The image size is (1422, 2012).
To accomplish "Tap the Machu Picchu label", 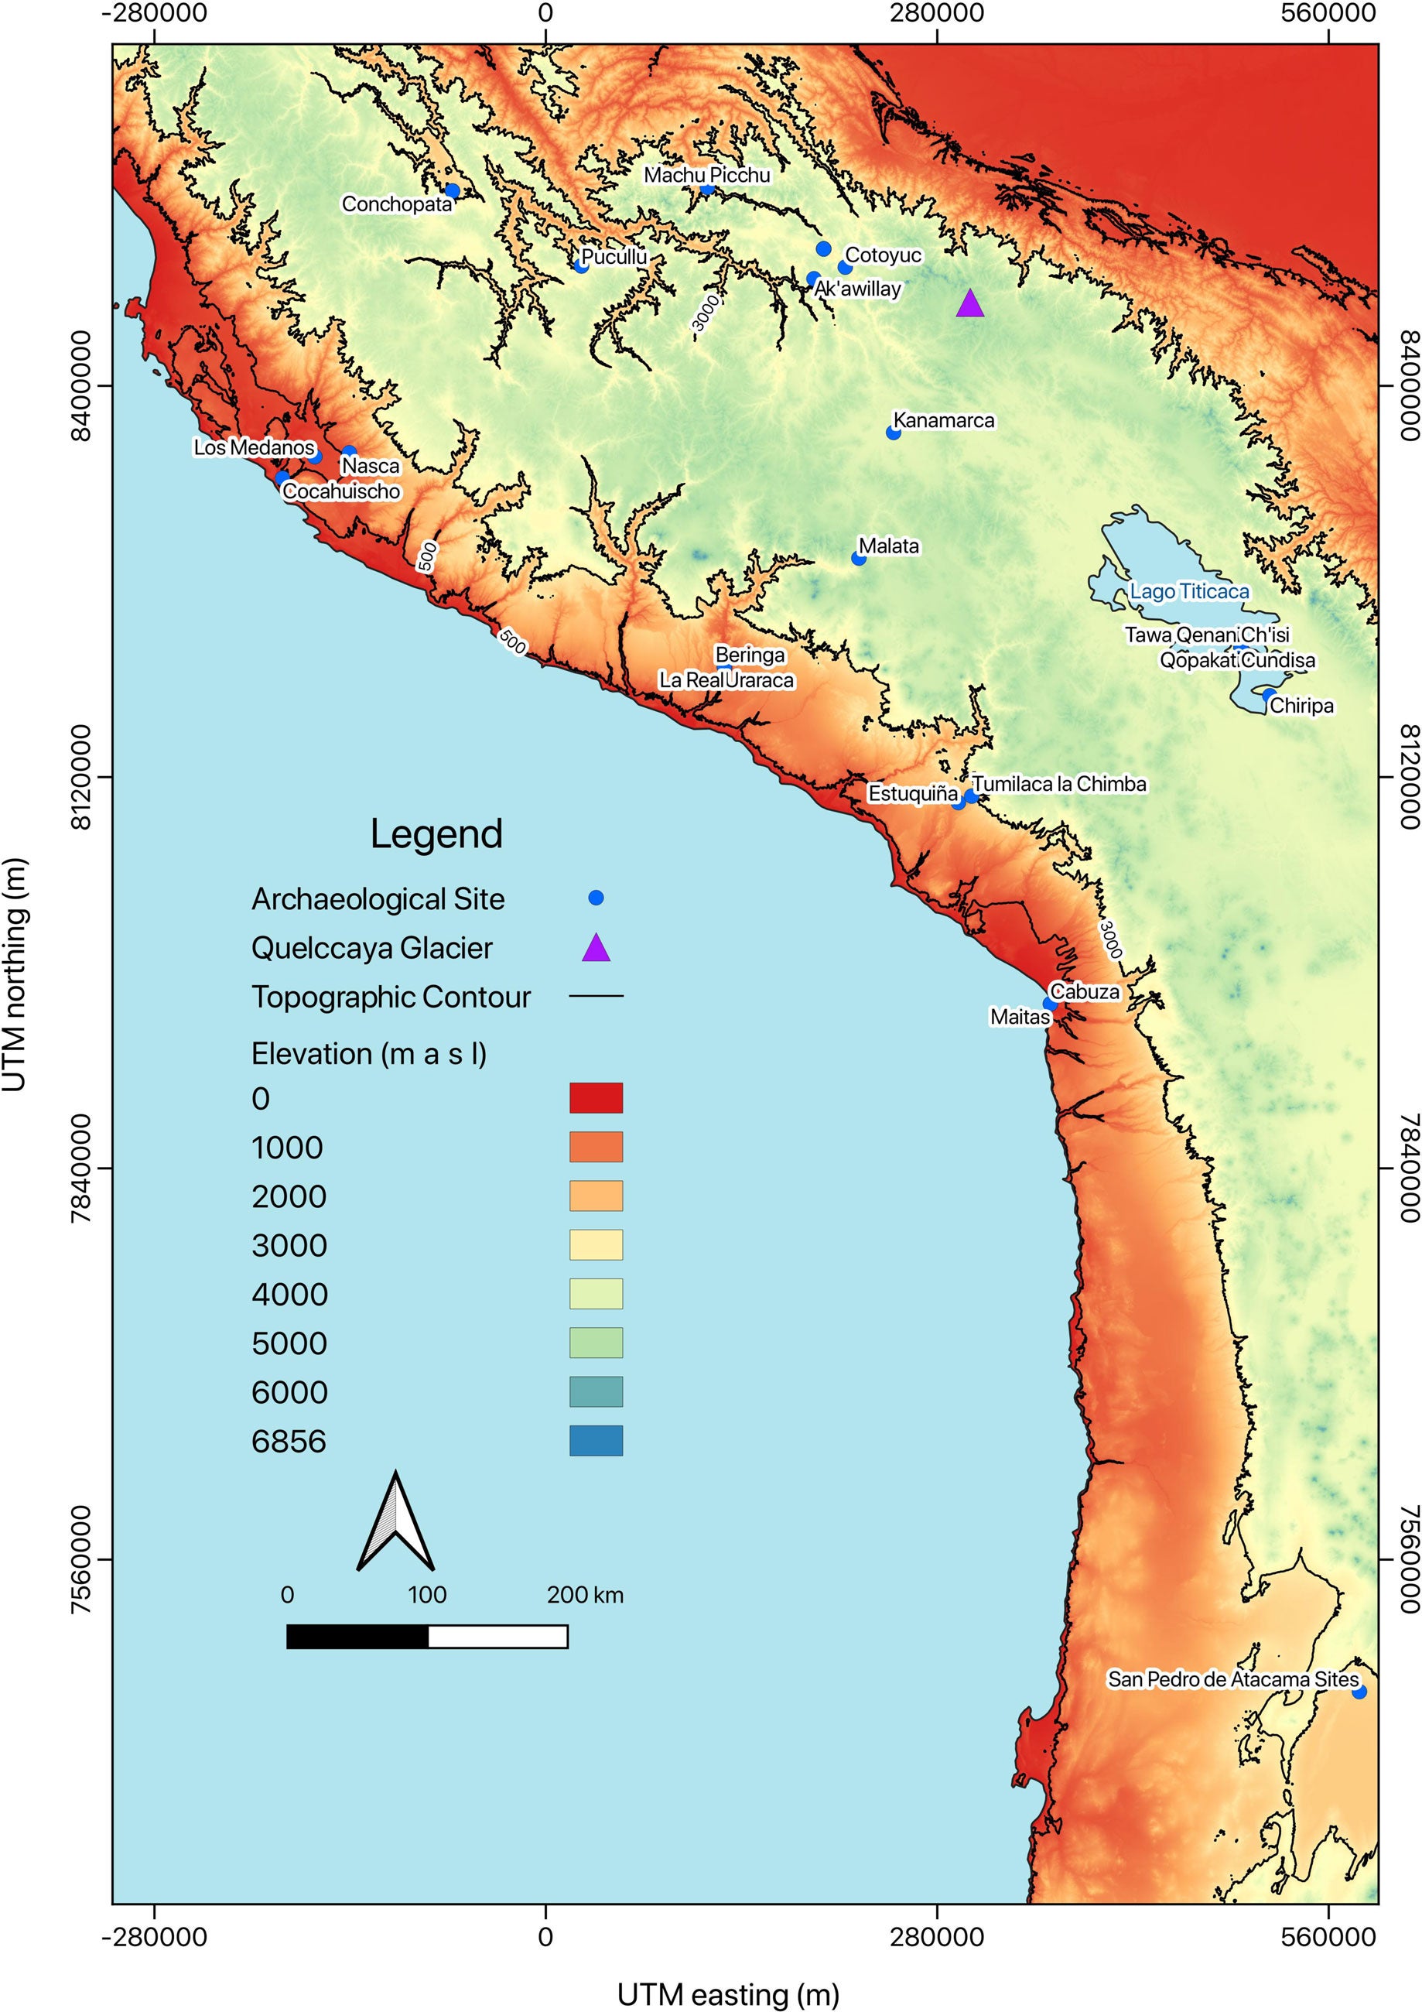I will point(706,175).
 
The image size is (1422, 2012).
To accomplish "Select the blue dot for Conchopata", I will point(452,191).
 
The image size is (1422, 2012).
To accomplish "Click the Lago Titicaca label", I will point(1189,591).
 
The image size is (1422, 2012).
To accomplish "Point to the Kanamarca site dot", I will point(893,432).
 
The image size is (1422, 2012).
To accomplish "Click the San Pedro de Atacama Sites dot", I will point(1359,1692).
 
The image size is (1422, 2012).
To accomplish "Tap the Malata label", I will point(888,546).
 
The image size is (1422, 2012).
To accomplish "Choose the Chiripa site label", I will point(1301,706).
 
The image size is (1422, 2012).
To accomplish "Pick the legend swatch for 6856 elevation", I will point(596,1442).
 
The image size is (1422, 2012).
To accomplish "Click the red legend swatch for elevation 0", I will point(596,1098).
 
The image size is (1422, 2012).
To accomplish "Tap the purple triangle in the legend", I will point(596,948).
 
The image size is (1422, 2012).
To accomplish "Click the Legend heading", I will point(436,833).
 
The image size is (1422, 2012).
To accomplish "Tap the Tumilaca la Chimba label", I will point(1058,785).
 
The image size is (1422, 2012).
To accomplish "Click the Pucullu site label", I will point(614,257).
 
